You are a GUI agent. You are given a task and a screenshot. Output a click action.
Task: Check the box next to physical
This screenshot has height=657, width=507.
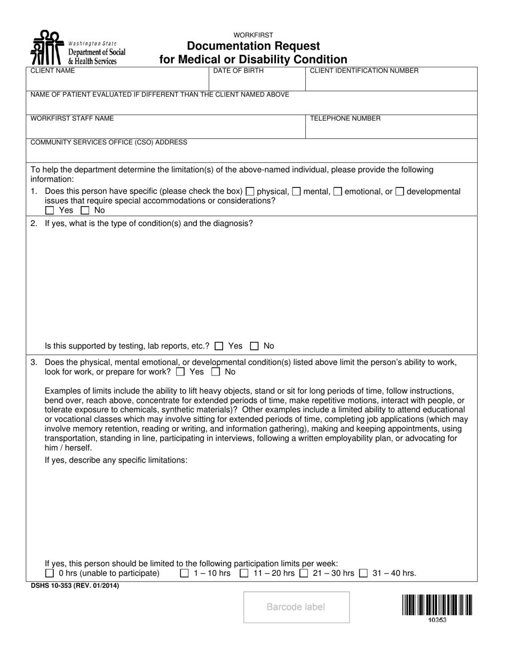[250, 191]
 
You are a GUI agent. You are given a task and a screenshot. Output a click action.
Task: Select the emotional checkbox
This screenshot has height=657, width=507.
[337, 191]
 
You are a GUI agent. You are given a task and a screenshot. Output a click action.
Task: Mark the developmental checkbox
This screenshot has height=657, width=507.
[399, 191]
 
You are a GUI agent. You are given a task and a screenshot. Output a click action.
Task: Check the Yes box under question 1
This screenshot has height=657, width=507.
[50, 210]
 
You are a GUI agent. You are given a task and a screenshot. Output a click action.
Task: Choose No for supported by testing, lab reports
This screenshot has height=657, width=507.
[255, 346]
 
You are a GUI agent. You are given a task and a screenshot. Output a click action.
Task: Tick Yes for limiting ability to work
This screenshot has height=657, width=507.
[180, 372]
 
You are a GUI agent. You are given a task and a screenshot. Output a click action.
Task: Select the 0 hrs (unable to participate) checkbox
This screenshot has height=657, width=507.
[50, 574]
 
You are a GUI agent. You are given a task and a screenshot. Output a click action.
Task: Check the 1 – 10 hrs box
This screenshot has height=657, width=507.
[185, 574]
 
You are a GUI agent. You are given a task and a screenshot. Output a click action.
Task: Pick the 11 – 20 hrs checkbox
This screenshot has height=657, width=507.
[244, 574]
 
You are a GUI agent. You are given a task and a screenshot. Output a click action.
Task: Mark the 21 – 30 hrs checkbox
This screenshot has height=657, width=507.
[304, 574]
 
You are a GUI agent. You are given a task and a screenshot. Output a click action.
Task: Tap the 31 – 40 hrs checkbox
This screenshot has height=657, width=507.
[363, 574]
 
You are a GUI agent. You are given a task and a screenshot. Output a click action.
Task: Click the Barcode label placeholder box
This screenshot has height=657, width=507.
[296, 607]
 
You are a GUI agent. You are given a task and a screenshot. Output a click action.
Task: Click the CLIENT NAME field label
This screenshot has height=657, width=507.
[53, 71]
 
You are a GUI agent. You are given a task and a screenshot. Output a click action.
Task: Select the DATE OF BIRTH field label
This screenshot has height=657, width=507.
[238, 71]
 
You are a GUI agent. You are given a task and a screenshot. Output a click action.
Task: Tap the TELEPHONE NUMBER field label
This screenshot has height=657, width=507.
[345, 119]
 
